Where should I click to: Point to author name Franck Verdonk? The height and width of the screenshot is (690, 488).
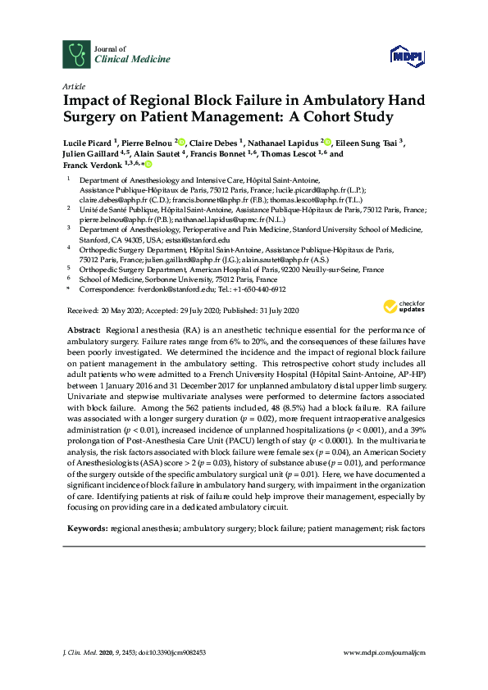(x=93, y=164)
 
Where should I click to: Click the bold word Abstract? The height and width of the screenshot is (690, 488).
(x=84, y=327)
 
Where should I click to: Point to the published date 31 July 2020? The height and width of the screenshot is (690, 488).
(x=273, y=311)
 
